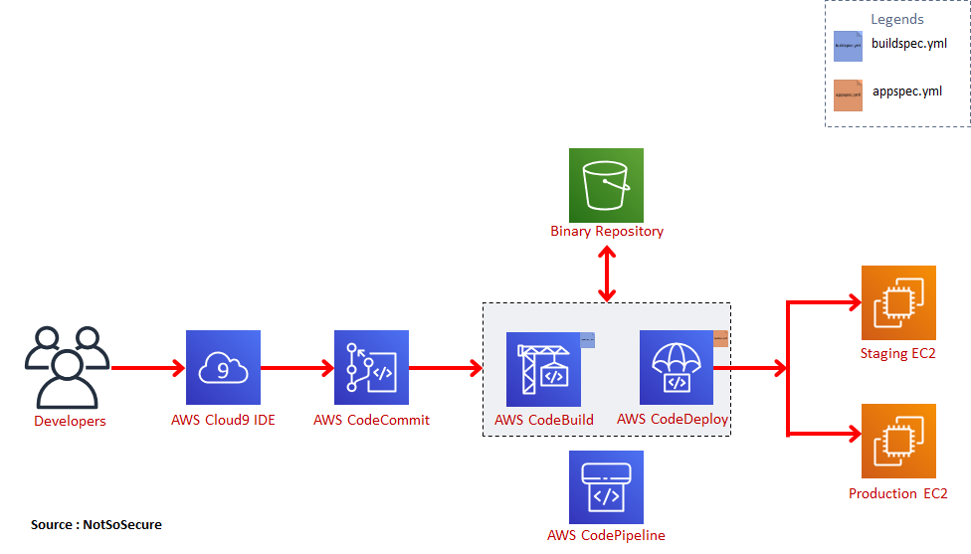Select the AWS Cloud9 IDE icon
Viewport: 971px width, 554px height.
click(223, 367)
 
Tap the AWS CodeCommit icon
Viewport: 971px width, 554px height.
click(371, 367)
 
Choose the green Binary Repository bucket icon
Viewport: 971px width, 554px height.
click(606, 185)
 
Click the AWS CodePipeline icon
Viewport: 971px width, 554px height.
click(606, 486)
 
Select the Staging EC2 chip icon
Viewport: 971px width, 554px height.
click(898, 302)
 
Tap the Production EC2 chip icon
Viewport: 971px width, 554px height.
click(898, 441)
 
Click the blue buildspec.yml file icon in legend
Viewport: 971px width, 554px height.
click(848, 46)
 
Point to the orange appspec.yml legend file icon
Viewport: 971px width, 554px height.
click(848, 94)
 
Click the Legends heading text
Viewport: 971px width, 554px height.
click(896, 19)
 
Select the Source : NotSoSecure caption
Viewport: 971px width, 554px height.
click(96, 524)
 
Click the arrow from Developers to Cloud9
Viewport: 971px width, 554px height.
click(148, 368)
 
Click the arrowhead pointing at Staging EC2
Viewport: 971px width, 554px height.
click(852, 302)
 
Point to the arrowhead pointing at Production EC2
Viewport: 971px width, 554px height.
click(852, 434)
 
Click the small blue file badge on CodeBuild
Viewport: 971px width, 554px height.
click(587, 340)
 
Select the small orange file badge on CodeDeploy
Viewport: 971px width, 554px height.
click(720, 338)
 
